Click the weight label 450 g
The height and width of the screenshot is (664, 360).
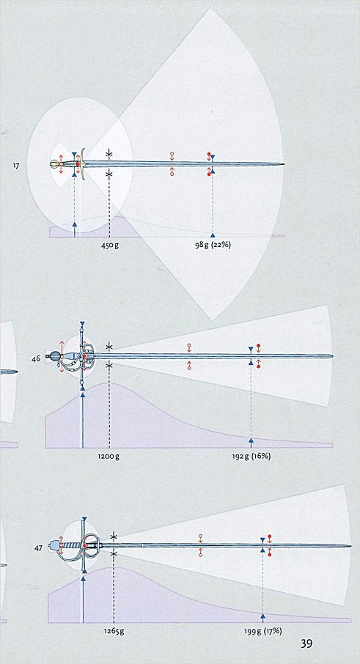110,246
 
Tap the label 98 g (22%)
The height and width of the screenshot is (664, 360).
213,246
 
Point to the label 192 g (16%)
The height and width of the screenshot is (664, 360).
251,457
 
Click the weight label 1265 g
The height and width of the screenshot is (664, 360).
114,632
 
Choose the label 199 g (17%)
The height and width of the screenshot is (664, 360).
262,632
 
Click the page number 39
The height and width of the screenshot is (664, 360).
306,643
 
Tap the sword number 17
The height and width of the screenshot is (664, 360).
15,166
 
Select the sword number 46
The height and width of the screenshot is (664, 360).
36,358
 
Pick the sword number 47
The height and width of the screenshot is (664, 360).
38,548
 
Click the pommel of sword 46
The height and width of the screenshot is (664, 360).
55,356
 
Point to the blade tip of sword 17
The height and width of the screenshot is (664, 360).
284,164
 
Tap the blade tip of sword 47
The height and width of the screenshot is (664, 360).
350,546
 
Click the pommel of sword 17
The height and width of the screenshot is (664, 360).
55,164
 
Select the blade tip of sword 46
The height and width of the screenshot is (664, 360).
332,356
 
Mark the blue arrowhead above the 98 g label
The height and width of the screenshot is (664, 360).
213,235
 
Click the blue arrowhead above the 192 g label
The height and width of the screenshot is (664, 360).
251,440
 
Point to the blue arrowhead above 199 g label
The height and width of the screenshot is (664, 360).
262,616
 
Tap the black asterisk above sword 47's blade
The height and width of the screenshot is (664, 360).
114,536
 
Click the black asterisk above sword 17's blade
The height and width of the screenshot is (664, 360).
109,154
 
